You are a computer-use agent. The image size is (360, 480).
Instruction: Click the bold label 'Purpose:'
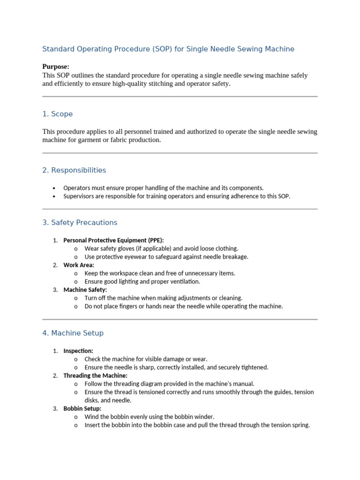[56, 67]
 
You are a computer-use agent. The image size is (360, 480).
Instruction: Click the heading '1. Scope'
[57, 114]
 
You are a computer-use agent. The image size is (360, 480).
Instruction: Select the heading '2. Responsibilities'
[74, 170]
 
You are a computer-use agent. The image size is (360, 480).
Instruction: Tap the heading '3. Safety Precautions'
[80, 223]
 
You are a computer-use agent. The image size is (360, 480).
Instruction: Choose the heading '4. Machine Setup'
[73, 333]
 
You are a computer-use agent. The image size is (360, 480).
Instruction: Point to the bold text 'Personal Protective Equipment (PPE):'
[113, 240]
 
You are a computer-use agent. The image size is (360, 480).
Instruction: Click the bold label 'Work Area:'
[78, 265]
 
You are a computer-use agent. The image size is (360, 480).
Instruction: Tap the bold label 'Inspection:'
[78, 351]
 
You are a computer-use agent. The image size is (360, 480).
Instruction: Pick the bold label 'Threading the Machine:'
[95, 375]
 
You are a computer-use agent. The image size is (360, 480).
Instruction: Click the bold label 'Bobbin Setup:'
[82, 409]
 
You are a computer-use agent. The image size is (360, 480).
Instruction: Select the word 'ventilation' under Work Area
[183, 282]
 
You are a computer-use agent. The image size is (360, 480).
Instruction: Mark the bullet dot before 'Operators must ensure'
[55, 188]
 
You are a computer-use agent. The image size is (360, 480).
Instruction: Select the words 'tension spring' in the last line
[291, 426]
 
